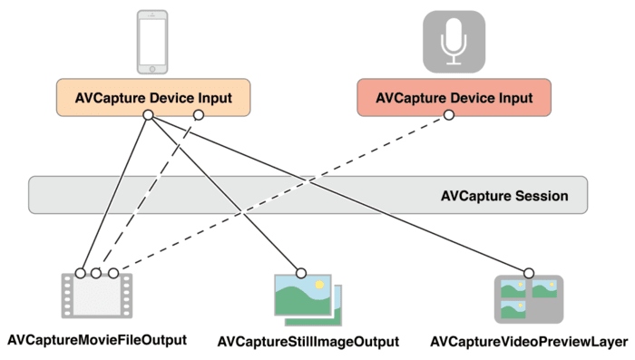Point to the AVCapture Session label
[503, 195]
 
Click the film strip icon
[97, 297]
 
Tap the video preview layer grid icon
[527, 300]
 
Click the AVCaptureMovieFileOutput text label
[97, 340]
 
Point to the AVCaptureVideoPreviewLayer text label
[529, 342]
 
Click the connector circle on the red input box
[447, 115]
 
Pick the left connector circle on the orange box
[149, 115]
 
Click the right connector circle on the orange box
[199, 115]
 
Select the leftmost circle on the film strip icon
[81, 272]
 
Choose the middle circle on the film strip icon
[96, 272]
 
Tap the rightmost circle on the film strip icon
[113, 272]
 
